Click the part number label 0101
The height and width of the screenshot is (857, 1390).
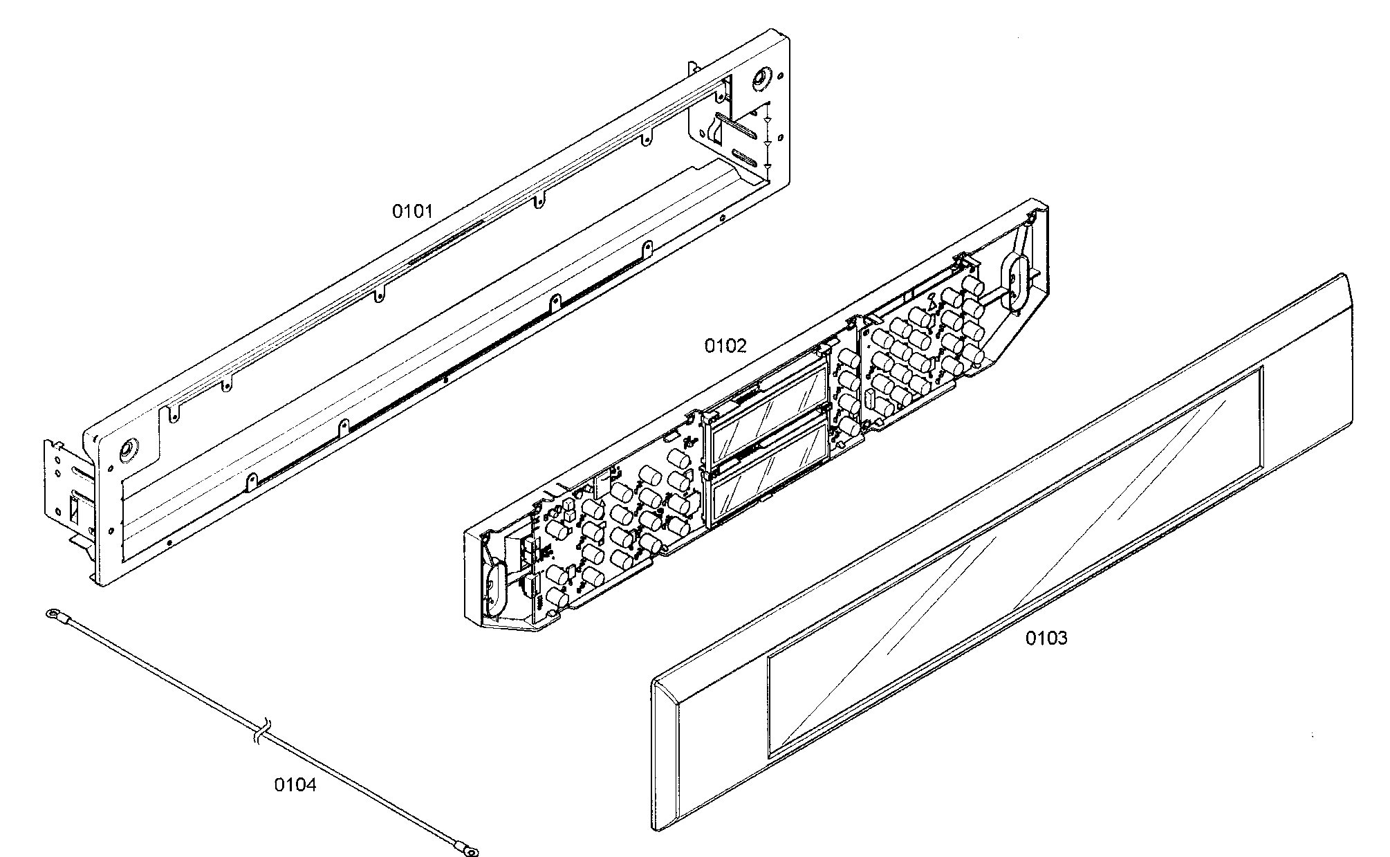point(413,211)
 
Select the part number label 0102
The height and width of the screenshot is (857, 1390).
point(725,346)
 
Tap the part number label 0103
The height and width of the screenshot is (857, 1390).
point(1046,638)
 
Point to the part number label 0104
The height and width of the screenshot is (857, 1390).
point(295,785)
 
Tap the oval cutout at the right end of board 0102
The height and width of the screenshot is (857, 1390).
point(1012,281)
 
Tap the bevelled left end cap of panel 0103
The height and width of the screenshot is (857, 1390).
point(667,755)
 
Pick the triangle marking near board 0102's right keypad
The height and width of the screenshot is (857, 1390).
point(932,302)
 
